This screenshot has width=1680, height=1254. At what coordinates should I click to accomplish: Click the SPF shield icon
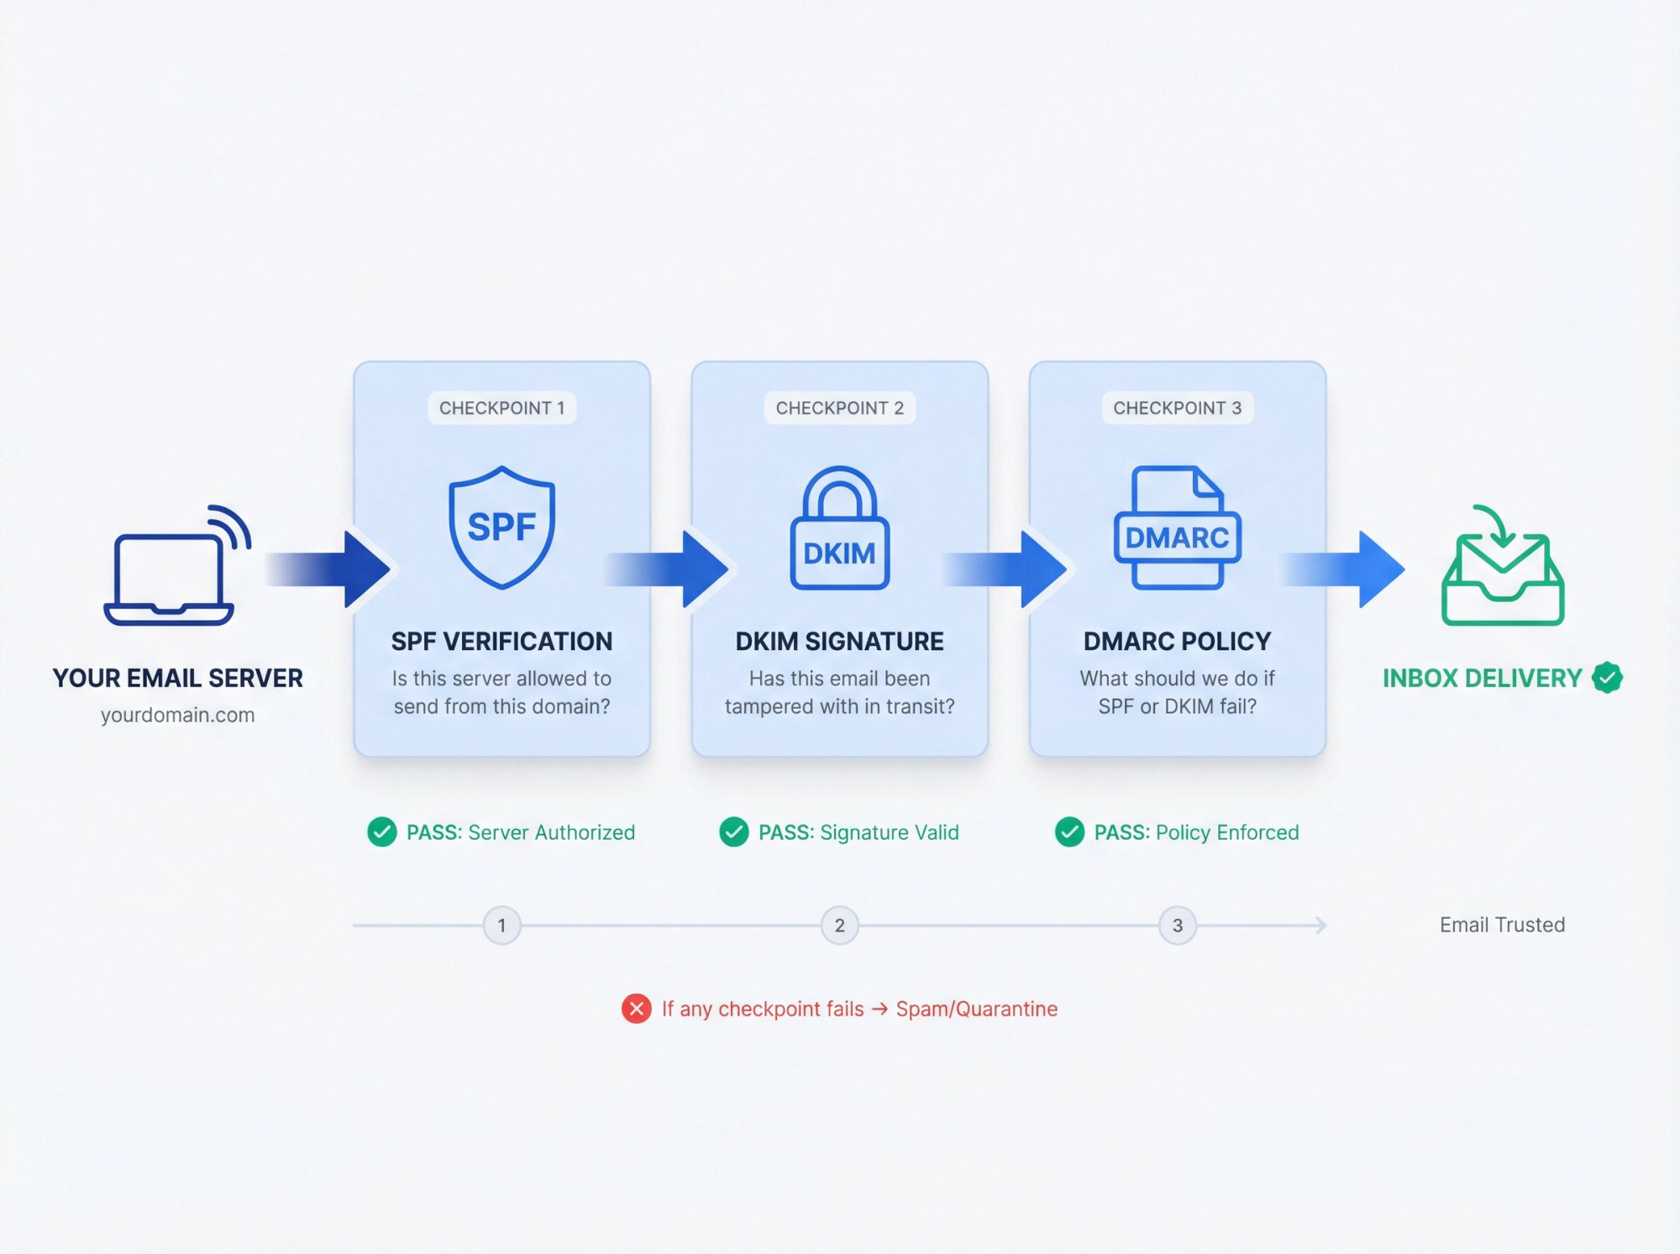[x=501, y=527]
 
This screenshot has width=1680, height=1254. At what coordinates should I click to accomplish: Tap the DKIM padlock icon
[x=839, y=529]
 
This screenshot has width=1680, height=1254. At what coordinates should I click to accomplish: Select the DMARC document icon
[x=1177, y=527]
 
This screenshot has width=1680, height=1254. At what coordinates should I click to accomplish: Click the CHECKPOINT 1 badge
[x=501, y=408]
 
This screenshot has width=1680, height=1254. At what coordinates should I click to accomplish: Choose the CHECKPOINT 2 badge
[x=839, y=408]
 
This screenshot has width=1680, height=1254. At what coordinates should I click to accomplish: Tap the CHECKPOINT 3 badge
[x=1177, y=408]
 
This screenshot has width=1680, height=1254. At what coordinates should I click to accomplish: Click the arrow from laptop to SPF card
[x=332, y=569]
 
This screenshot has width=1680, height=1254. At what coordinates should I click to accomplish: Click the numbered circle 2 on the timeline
[x=839, y=926]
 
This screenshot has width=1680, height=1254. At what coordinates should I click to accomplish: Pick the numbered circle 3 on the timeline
[x=1177, y=926]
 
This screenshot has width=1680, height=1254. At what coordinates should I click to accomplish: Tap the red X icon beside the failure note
[x=636, y=1009]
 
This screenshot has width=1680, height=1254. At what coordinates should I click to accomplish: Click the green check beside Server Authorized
[x=382, y=832]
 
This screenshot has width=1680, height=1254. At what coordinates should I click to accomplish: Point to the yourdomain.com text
[x=177, y=715]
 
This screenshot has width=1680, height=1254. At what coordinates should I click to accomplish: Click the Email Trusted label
[x=1502, y=925]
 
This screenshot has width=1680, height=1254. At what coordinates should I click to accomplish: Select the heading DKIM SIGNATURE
[x=839, y=642]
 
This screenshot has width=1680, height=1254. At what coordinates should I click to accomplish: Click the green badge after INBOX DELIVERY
[x=1607, y=678]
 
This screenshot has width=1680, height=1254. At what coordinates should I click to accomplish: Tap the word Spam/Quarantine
[x=976, y=1009]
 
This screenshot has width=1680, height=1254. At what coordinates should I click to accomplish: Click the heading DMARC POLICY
[x=1177, y=642]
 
